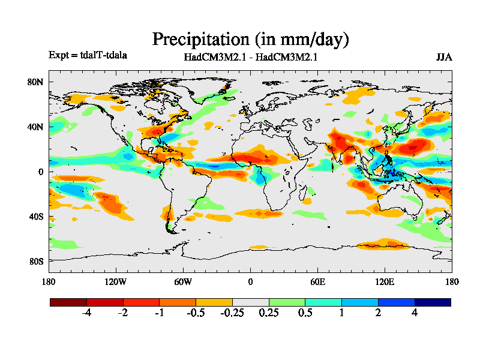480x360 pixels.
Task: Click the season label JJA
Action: (x=444, y=58)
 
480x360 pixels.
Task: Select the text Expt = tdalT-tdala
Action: (x=88, y=55)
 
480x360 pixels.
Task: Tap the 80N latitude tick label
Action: (x=36, y=82)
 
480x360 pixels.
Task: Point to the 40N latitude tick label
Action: (x=36, y=127)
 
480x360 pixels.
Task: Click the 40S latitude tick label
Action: (x=36, y=217)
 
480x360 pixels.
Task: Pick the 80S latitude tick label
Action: (x=36, y=262)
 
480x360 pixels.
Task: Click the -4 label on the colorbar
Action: (x=86, y=313)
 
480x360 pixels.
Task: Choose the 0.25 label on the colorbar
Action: (x=269, y=313)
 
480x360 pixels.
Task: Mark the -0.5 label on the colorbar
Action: (x=196, y=313)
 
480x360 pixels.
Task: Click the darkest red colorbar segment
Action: (x=68, y=302)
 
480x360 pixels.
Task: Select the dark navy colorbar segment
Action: (x=433, y=302)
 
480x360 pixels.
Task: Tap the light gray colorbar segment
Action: (x=250, y=302)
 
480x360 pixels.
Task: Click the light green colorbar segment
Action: (x=287, y=302)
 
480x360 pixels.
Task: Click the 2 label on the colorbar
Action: (x=378, y=313)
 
